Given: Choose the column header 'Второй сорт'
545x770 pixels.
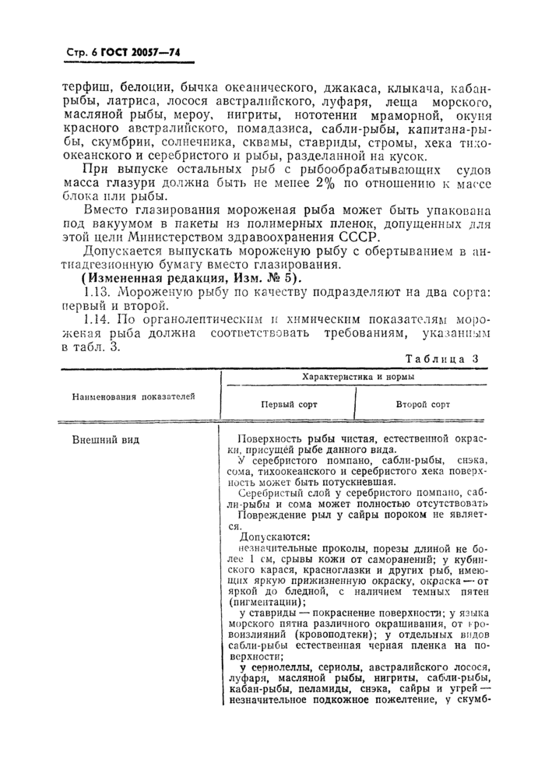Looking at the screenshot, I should tap(423, 405).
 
